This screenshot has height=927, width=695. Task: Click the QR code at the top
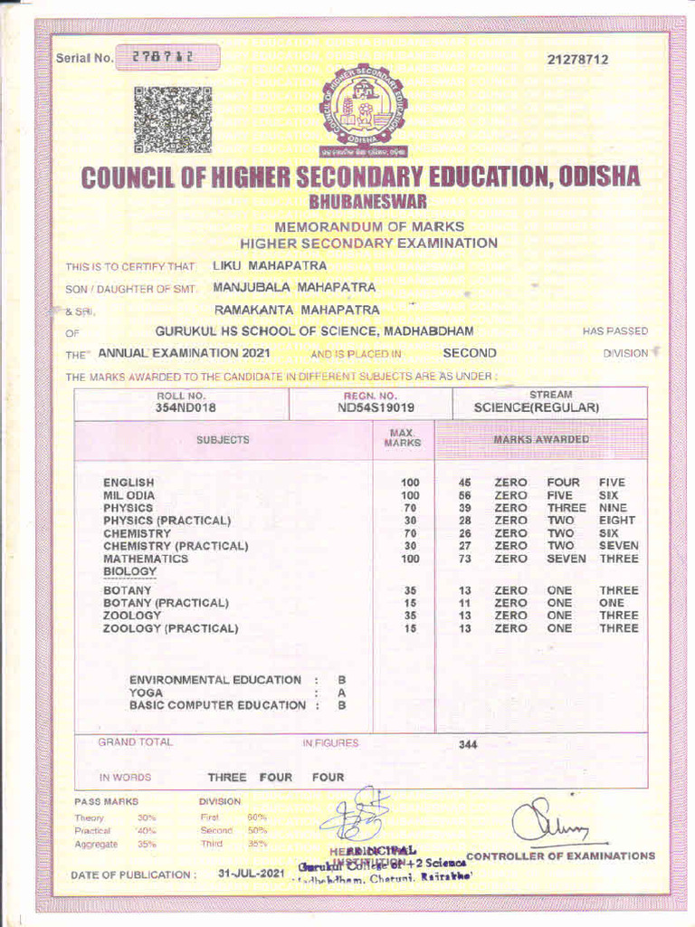[x=173, y=119]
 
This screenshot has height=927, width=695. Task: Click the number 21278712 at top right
[x=577, y=60]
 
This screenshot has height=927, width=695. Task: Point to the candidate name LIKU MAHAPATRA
[x=269, y=265]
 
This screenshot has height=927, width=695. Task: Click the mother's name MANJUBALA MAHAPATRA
[x=294, y=287]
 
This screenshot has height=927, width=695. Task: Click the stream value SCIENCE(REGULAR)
[x=537, y=407]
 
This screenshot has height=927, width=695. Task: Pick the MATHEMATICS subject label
[x=146, y=559]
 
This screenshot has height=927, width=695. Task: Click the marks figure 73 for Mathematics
[x=465, y=559]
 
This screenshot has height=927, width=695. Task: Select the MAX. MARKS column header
[x=403, y=439]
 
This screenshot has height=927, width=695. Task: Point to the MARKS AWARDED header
[x=540, y=439]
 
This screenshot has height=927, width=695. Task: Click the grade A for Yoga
[x=342, y=693]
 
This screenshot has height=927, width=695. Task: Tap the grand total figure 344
[x=468, y=744]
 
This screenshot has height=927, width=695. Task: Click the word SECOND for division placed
[x=469, y=353]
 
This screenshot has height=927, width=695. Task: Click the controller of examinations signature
[x=548, y=822]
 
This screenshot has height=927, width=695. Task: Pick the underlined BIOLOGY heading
[x=129, y=572]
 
